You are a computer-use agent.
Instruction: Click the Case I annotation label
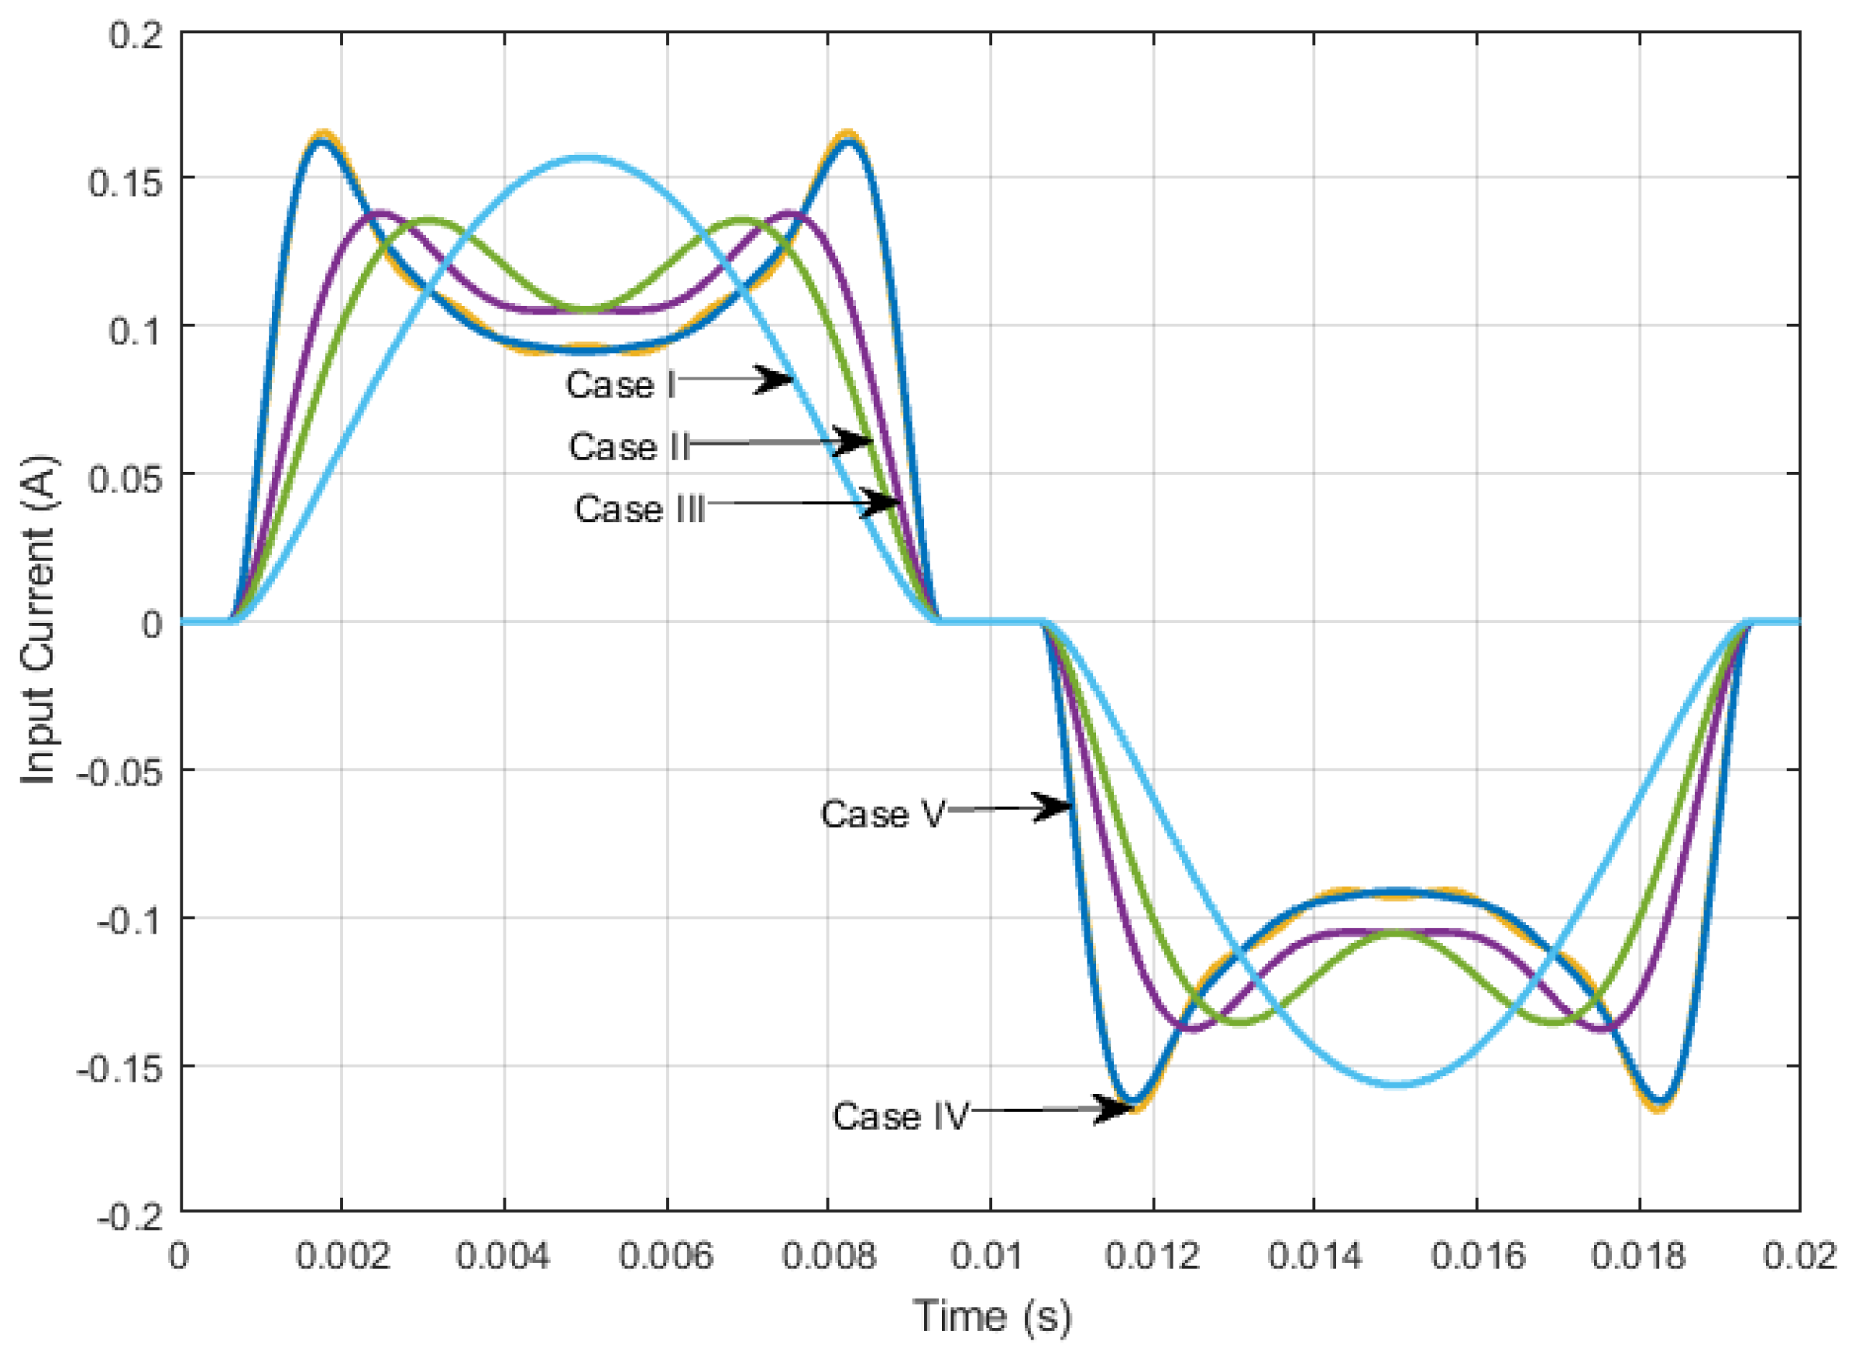621,384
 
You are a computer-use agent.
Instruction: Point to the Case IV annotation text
901,1116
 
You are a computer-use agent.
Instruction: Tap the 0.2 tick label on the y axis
135,35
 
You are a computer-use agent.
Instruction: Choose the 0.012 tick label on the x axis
1153,1256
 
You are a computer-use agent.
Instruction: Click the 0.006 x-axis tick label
666,1256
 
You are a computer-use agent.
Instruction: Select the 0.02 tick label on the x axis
1800,1256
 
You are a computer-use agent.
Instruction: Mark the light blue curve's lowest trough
1397,1085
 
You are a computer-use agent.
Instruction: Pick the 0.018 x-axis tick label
1638,1256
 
